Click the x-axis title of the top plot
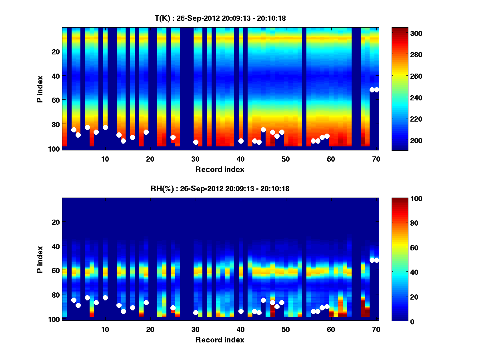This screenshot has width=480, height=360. coord(220,169)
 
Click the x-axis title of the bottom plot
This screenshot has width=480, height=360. coord(220,340)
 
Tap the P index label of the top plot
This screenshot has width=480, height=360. coord(40,88)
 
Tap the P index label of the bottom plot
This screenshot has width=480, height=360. coord(40,258)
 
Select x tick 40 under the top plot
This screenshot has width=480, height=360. coord(240,159)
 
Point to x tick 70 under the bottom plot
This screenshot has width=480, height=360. coord(376,329)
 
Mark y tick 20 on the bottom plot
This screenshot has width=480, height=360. coord(56,222)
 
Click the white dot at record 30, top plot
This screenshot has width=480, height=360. coord(196,142)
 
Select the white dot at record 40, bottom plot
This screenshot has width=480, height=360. coord(241,311)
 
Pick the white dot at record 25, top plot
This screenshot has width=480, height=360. coord(173,137)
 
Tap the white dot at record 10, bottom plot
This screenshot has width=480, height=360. coord(105,298)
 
